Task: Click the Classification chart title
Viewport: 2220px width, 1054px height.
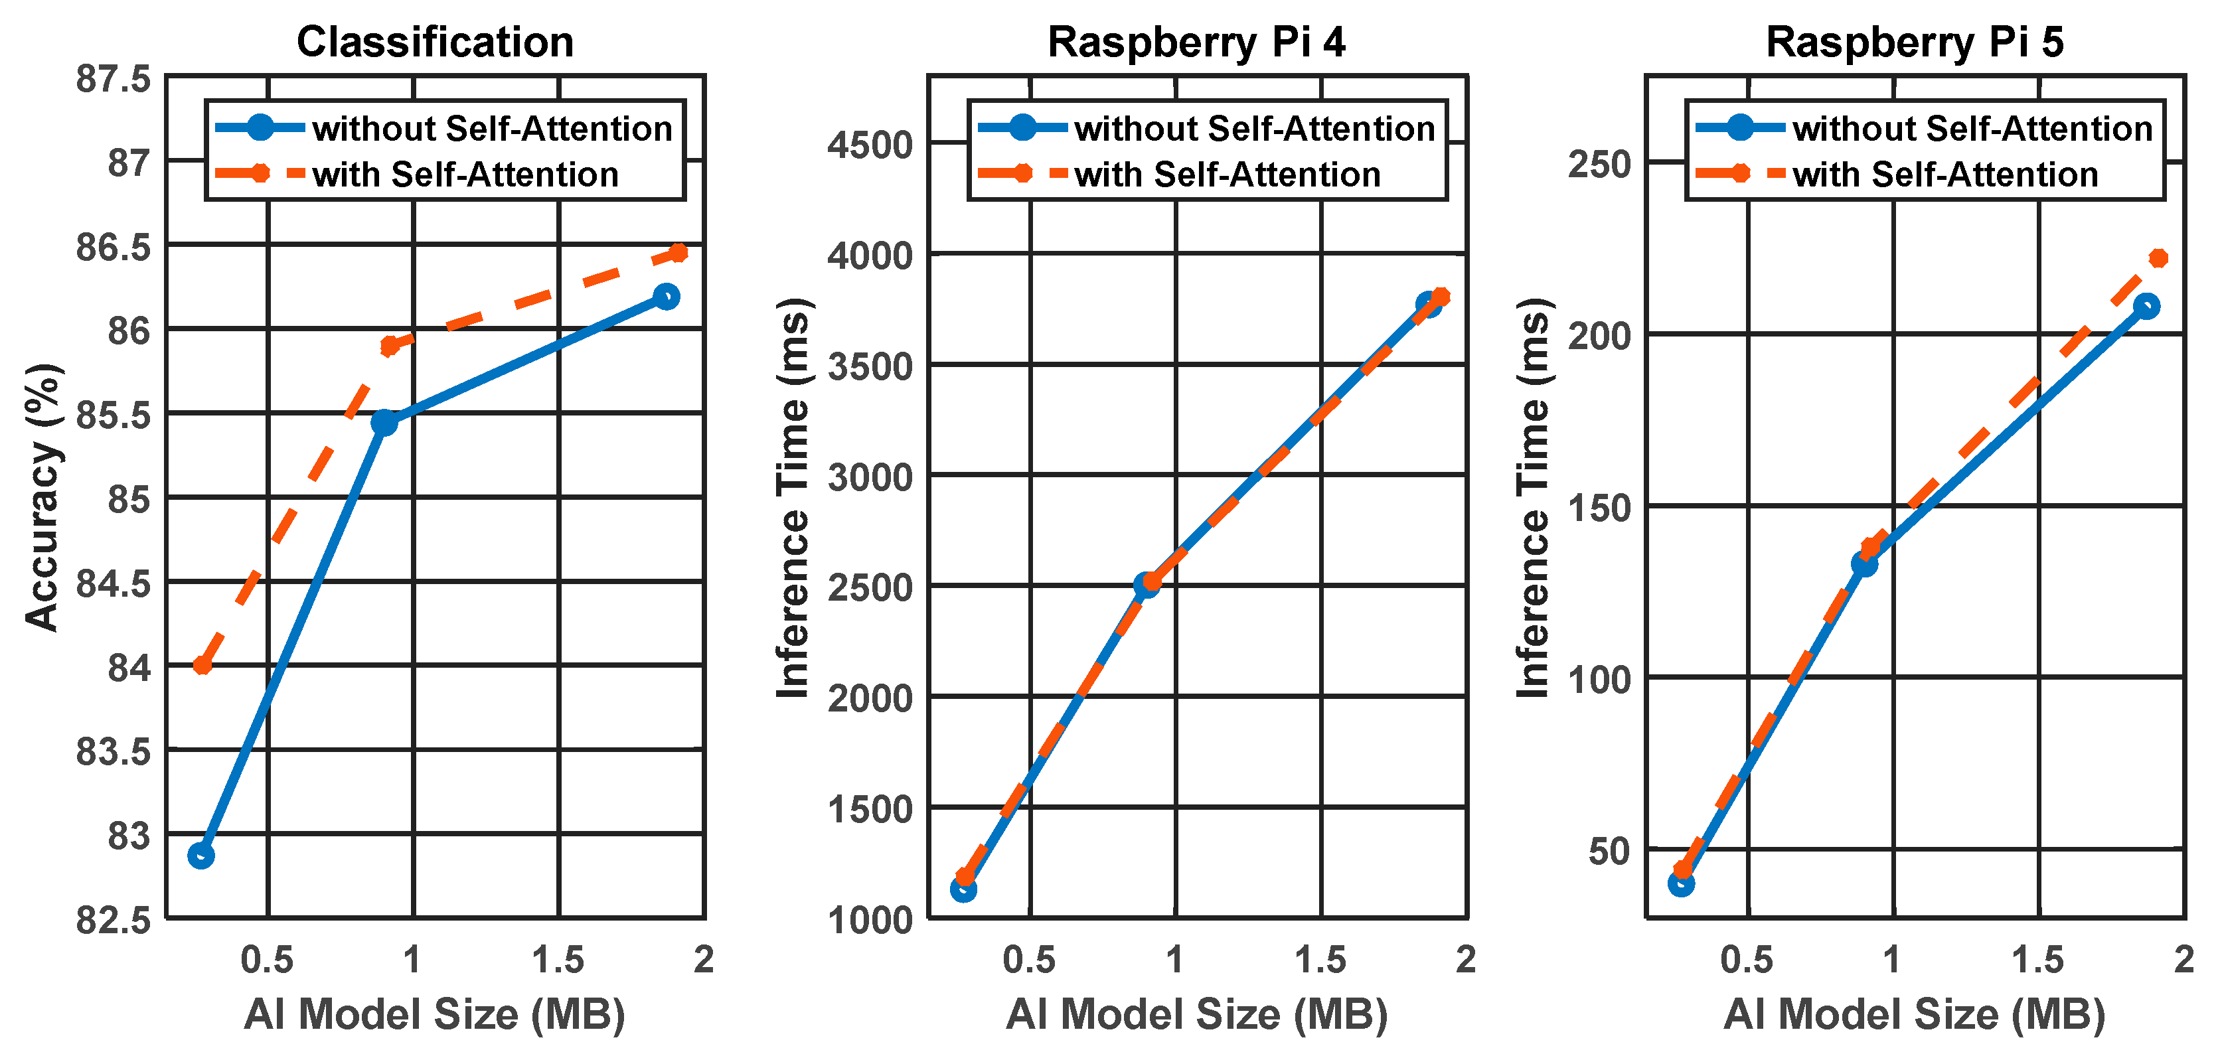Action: pyautogui.click(x=436, y=42)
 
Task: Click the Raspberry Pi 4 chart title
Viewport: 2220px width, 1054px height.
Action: pyautogui.click(x=1196, y=42)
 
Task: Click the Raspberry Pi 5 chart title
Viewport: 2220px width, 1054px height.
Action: pyautogui.click(x=1915, y=42)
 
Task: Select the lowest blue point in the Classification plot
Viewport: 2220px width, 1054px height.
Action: pyautogui.click(x=200, y=855)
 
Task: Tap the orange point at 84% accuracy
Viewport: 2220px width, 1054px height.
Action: pyautogui.click(x=202, y=664)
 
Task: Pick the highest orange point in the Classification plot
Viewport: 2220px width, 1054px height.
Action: pyautogui.click(x=678, y=252)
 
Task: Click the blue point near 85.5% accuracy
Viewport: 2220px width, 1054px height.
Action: pyautogui.click(x=384, y=422)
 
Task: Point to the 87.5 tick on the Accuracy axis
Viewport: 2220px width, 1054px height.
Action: pyautogui.click(x=113, y=79)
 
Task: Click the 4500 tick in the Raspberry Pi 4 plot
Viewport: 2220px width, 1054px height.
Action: pyautogui.click(x=870, y=145)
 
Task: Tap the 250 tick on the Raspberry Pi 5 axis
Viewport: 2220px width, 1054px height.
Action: pyautogui.click(x=1599, y=164)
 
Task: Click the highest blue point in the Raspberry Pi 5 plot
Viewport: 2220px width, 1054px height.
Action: pyautogui.click(x=2147, y=306)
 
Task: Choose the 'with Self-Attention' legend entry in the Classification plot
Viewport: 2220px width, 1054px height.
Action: pyautogui.click(x=465, y=174)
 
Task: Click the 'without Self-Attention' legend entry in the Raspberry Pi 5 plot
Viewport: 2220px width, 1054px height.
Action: pyautogui.click(x=1972, y=128)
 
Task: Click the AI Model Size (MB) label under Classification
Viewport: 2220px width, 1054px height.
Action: pyautogui.click(x=436, y=1014)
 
